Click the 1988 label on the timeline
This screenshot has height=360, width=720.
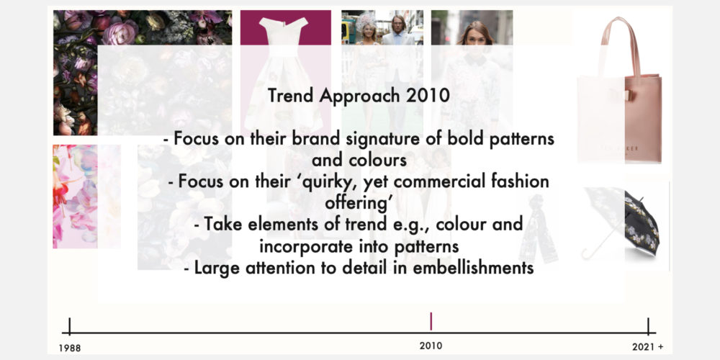coord(70,348)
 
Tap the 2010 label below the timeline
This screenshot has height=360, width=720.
coord(431,346)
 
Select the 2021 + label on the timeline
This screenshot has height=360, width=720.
coord(647,347)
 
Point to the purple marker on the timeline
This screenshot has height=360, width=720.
coord(431,321)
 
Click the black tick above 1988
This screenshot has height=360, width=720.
coord(69,325)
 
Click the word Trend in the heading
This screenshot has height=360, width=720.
coord(291,96)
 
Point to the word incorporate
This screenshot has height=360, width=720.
coord(305,246)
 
